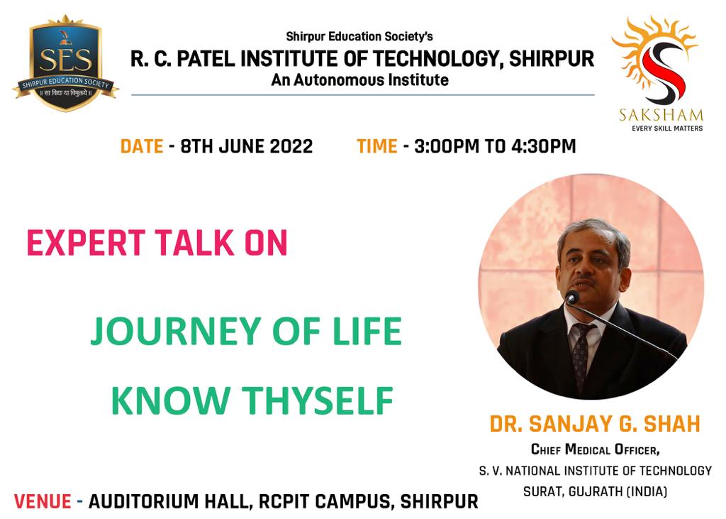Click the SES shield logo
[65, 63]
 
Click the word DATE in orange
[142, 146]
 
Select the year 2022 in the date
[291, 146]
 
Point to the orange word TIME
[377, 146]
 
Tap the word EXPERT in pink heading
[86, 243]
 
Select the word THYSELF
[318, 400]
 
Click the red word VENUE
[43, 501]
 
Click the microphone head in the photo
[572, 297]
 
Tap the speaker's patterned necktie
[581, 356]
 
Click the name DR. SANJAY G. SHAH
[595, 424]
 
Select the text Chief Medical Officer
[595, 449]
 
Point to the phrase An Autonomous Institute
[359, 80]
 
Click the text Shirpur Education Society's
[359, 36]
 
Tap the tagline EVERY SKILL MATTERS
[667, 128]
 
